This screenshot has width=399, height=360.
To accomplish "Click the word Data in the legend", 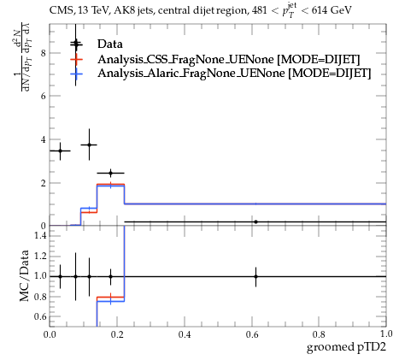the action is (110, 44).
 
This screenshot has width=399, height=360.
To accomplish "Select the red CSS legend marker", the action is (76, 59).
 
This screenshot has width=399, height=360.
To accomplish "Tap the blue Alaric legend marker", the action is (76, 74).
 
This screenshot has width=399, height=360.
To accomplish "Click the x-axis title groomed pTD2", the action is (346, 347).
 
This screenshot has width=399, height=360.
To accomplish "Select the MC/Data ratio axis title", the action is (25, 275).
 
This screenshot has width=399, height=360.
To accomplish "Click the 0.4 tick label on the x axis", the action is (185, 334).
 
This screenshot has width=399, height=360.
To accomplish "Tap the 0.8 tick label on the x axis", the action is (319, 334).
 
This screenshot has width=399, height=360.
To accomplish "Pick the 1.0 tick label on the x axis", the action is (386, 334).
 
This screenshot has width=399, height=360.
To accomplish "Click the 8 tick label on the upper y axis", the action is (43, 53).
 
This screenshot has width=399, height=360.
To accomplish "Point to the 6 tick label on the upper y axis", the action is (43, 96).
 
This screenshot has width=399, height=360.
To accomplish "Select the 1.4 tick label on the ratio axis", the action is (40, 235).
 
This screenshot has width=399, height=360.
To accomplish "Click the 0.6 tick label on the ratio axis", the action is (40, 316).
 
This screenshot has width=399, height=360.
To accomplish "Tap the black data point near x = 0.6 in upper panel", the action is (255, 221).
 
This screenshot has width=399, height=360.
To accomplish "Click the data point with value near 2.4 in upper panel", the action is (110, 173).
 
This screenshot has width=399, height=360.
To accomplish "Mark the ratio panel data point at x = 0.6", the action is (255, 276).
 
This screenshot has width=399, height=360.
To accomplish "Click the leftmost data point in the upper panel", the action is (60, 150).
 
